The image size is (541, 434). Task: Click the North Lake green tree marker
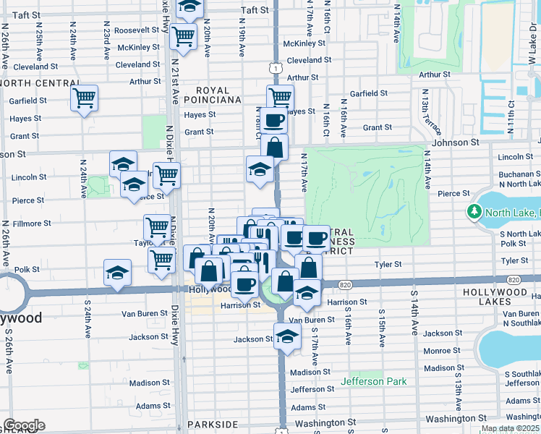[x=474, y=212]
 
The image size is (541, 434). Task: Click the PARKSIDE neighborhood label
[x=213, y=424]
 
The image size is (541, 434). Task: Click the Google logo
[x=24, y=425]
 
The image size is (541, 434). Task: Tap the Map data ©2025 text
[x=510, y=428]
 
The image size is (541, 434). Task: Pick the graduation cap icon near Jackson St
[x=287, y=336]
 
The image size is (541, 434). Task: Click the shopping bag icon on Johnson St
[x=275, y=147]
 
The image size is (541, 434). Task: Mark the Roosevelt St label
[x=136, y=30]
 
